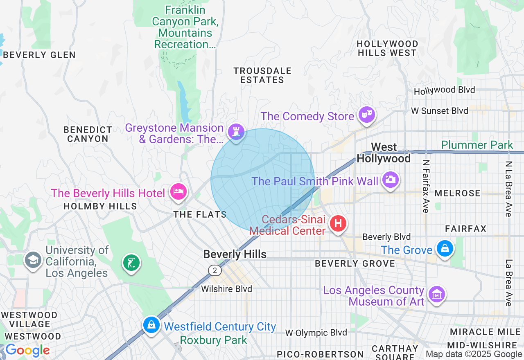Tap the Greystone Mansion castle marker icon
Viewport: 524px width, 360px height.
pos(236,132)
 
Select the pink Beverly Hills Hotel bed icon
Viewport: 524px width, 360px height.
pos(178,191)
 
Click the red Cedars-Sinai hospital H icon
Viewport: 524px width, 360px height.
pos(338,223)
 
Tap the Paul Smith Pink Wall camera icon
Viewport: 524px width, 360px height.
pos(390,179)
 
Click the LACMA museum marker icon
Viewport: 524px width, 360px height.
pos(437,294)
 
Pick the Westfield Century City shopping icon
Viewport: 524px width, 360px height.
pos(151,325)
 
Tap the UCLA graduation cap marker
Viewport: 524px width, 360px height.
pos(33,259)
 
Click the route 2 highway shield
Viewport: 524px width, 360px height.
pos(215,270)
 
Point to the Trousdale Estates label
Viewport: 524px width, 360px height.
pos(262,75)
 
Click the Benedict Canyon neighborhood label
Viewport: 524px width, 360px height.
pos(88,134)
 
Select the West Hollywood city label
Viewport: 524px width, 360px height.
pos(384,153)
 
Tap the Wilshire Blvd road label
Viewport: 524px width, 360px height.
pos(226,289)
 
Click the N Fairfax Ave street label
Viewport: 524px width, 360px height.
pos(425,186)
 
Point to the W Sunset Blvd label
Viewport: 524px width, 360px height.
pos(439,111)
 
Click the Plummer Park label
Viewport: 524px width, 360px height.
pos(477,145)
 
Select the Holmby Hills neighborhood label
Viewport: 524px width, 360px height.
pos(100,206)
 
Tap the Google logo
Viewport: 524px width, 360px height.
pos(27,351)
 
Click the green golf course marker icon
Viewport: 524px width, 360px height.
pos(131,262)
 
